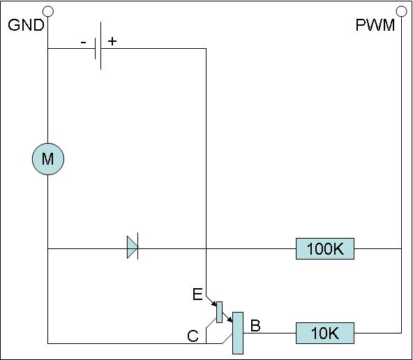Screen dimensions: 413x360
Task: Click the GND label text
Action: pyautogui.click(x=26, y=25)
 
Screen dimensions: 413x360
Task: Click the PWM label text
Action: pyautogui.click(x=375, y=25)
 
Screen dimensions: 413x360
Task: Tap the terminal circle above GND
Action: pyautogui.click(x=48, y=11)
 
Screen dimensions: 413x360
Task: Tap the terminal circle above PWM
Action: pyautogui.click(x=401, y=11)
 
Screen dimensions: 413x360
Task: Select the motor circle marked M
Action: pyautogui.click(x=48, y=159)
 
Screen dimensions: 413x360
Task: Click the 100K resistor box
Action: pyautogui.click(x=325, y=248)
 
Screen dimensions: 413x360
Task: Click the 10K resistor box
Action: pyautogui.click(x=325, y=333)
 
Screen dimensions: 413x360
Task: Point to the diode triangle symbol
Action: pyautogui.click(x=133, y=247)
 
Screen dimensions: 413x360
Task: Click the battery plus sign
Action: pyautogui.click(x=112, y=41)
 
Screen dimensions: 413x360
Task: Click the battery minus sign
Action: pyautogui.click(x=83, y=42)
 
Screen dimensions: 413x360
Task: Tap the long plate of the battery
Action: pyautogui.click(x=100, y=46)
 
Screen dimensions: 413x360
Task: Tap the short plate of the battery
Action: pyautogui.click(x=96, y=48)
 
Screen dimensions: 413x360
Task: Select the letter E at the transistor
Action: pyautogui.click(x=197, y=294)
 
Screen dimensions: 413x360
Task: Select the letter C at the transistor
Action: pyautogui.click(x=193, y=336)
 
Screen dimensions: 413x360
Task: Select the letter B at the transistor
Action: pyautogui.click(x=255, y=326)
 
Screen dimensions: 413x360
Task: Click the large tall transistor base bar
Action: pyautogui.click(x=238, y=333)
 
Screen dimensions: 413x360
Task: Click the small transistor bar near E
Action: pyautogui.click(x=219, y=312)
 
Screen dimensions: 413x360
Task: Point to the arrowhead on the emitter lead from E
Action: pyautogui.click(x=214, y=303)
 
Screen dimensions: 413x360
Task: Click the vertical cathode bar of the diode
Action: pyautogui.click(x=137, y=246)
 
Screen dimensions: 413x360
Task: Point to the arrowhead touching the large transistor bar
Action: pyautogui.click(x=230, y=320)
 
